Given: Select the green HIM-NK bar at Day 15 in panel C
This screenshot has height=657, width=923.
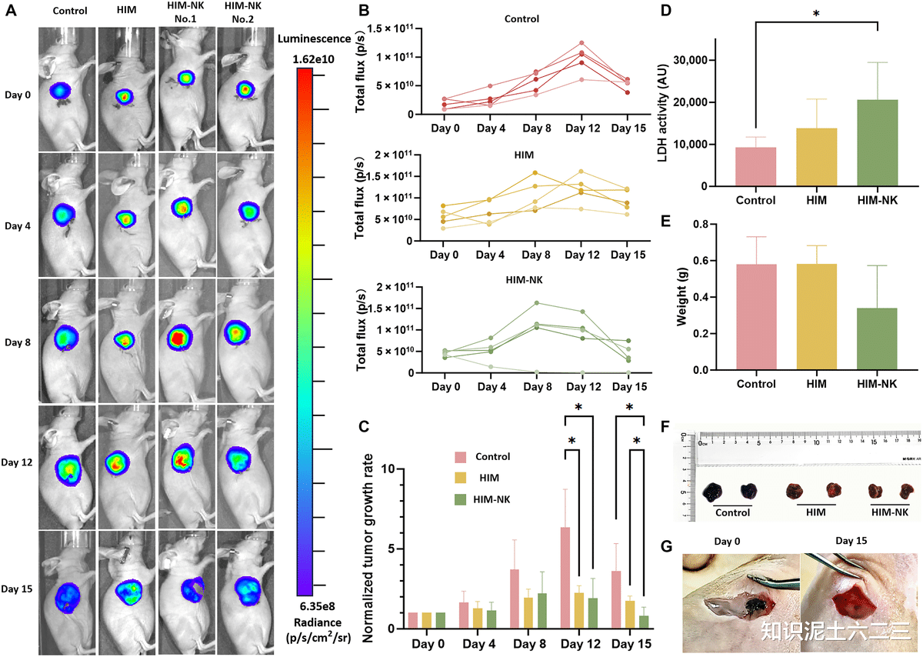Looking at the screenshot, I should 643,622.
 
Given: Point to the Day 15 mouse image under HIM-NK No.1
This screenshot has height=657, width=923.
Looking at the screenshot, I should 187,592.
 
